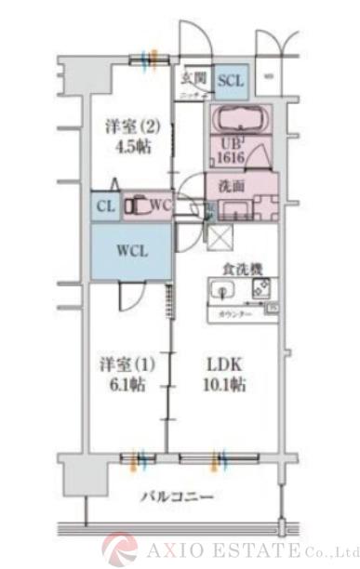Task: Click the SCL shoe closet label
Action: [x=231, y=81]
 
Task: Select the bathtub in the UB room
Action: [x=238, y=120]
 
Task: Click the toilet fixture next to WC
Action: [x=138, y=205]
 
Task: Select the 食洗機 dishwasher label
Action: [x=241, y=269]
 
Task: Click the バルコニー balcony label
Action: [x=177, y=498]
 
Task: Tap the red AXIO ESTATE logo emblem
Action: [x=120, y=549]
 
